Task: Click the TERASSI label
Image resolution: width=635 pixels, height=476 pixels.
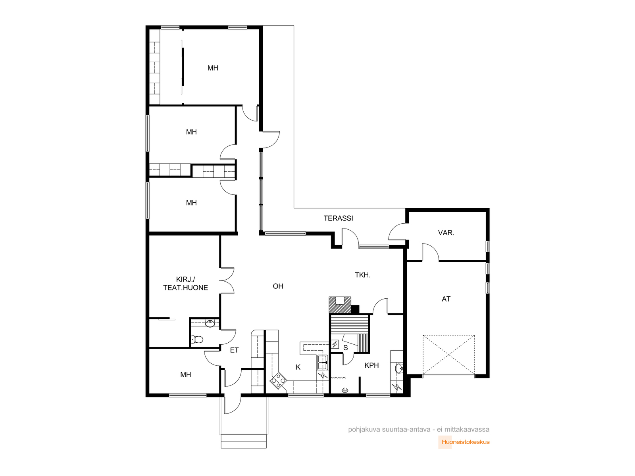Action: pos(338,218)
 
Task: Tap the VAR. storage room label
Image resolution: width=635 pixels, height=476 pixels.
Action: pos(446,233)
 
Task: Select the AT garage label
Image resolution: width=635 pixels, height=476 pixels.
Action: pos(446,299)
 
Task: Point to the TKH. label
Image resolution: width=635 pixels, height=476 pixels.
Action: pos(362,275)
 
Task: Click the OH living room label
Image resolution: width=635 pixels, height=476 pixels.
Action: pos(278,286)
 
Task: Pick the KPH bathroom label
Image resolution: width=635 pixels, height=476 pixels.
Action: pos(371,365)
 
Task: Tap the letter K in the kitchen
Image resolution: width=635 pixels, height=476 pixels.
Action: pos(298,367)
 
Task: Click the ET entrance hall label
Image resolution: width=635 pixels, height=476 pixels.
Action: pos(234,350)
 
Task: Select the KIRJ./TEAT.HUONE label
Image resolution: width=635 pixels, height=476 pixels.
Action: pos(185,284)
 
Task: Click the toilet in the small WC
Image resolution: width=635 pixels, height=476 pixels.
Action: pos(197,339)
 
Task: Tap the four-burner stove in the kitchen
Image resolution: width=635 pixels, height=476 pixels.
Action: pos(278,381)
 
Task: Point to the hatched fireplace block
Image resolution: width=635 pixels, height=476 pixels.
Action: pos(340,305)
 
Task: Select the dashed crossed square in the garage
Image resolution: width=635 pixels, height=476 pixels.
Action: pos(448,355)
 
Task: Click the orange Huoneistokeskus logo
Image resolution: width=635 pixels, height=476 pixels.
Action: pos(464,442)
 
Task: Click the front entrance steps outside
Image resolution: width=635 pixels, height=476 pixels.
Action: pos(244,441)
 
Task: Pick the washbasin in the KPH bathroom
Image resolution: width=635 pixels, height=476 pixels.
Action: pos(399,369)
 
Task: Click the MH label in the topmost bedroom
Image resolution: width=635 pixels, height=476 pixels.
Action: pos(213,68)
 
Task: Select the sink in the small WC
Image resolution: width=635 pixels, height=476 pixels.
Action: pos(210,323)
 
